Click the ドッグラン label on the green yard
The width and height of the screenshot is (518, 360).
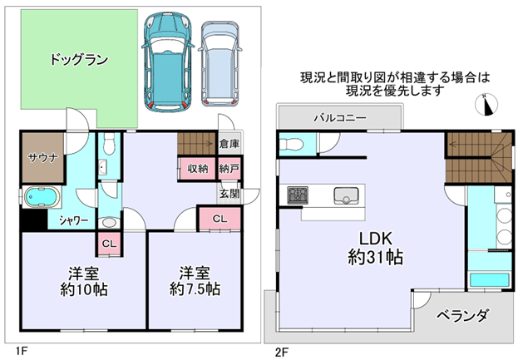(x=79, y=60)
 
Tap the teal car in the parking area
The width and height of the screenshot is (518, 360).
(x=167, y=62)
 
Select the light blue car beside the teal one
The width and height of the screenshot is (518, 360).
(x=220, y=64)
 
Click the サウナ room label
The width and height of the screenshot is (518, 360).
(x=43, y=158)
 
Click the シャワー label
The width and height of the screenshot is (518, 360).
(x=74, y=220)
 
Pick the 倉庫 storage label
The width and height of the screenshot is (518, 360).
(x=229, y=144)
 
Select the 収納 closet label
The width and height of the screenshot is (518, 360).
(x=198, y=169)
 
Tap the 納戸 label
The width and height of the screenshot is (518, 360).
(x=229, y=169)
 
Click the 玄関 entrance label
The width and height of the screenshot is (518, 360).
(x=230, y=194)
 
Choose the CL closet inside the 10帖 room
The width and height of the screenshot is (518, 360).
(x=109, y=244)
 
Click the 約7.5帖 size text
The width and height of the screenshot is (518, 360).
(x=195, y=289)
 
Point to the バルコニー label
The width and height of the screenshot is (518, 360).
(x=340, y=118)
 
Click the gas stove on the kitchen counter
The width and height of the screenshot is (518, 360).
(x=298, y=195)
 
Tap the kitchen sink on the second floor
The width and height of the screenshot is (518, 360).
(x=346, y=196)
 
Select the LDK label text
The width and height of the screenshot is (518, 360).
(x=376, y=239)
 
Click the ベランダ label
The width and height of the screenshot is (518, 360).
(x=462, y=315)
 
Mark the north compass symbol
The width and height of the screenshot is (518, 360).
(x=486, y=105)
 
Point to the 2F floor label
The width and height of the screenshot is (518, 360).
(x=282, y=352)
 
